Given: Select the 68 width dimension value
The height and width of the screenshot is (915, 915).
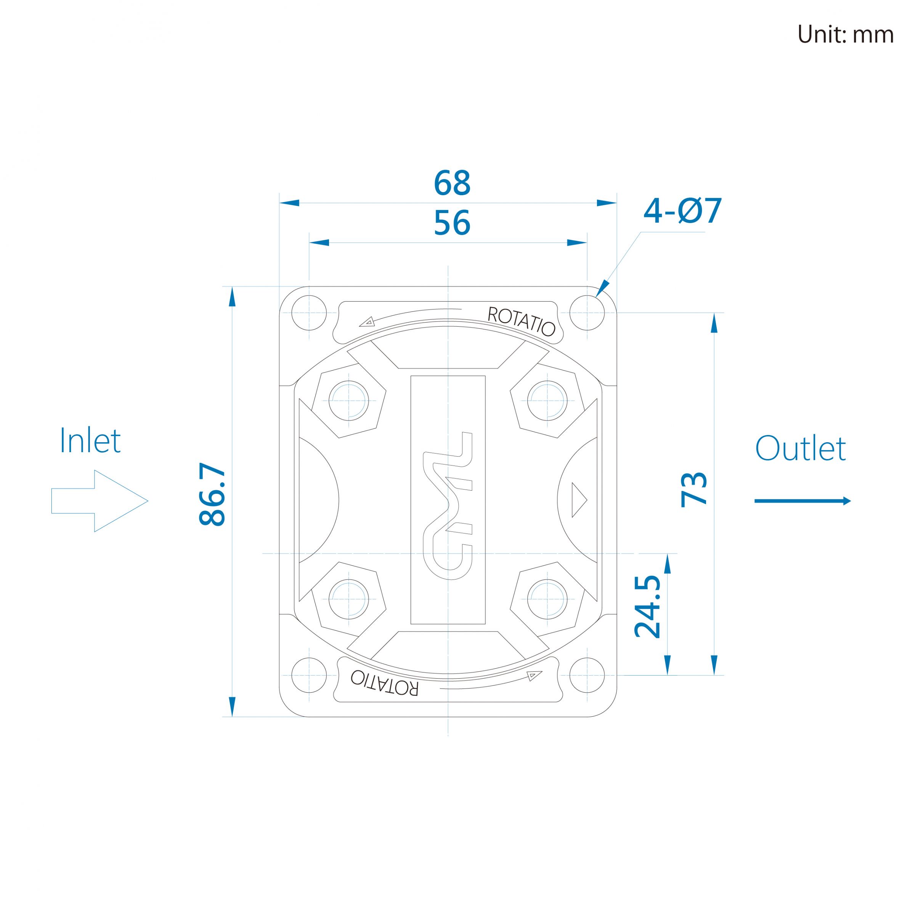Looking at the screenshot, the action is (452, 183).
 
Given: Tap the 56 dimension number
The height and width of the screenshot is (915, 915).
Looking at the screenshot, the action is (452, 223).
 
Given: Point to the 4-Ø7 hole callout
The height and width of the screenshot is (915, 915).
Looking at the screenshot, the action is (682, 211).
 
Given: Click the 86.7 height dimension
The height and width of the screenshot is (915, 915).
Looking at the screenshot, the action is (213, 494).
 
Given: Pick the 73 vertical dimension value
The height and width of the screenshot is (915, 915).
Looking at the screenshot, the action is (694, 490).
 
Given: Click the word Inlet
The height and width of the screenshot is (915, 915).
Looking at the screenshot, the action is (90, 440).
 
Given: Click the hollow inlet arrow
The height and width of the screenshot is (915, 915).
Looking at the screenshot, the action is (100, 501).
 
